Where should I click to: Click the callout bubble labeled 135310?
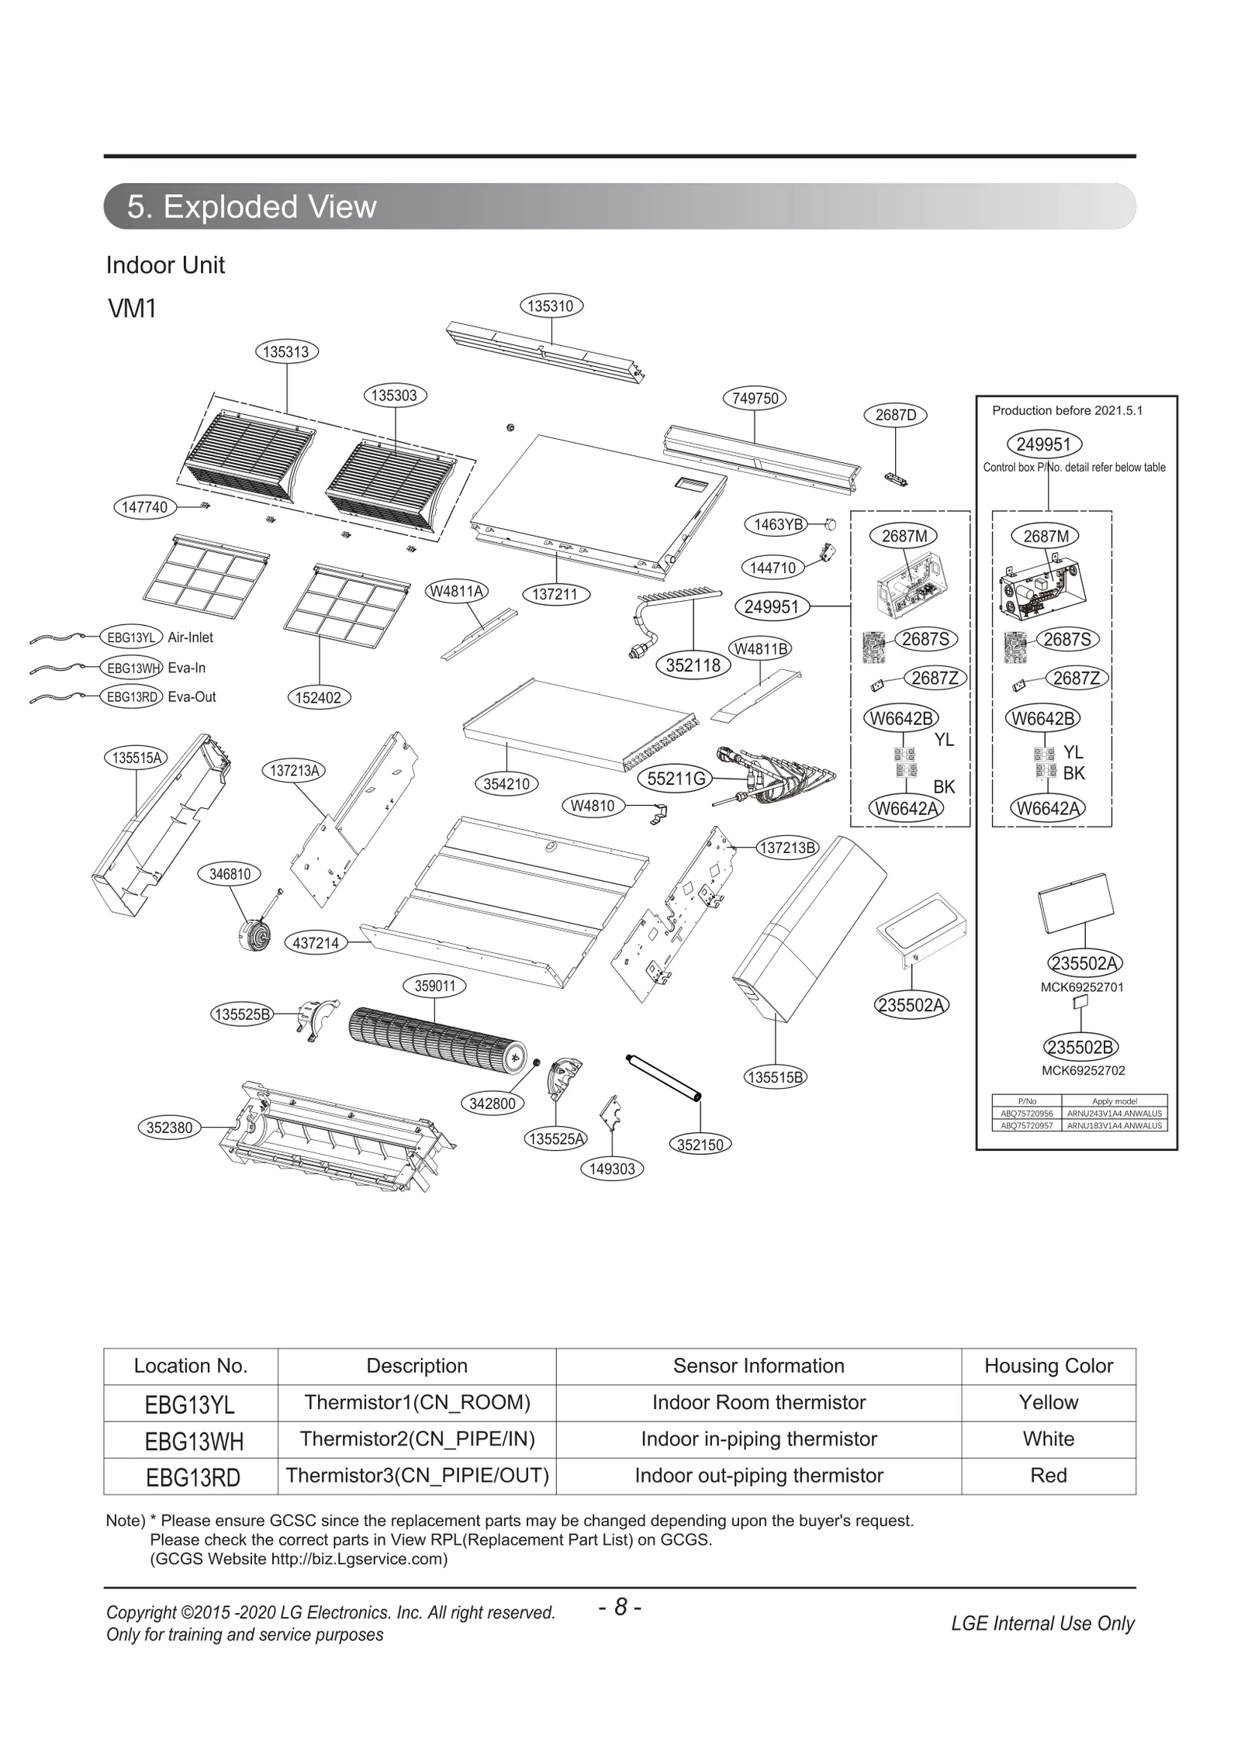click(x=550, y=306)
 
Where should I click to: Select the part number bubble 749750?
click(x=755, y=399)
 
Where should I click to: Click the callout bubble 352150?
click(x=700, y=1145)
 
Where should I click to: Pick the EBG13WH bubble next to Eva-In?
click(x=133, y=668)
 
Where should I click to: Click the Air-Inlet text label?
click(x=190, y=637)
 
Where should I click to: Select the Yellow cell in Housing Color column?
click(x=1048, y=1402)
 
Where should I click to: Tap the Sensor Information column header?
click(x=758, y=1366)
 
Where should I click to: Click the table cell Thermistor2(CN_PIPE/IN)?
click(x=417, y=1439)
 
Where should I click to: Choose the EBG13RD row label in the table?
click(x=192, y=1477)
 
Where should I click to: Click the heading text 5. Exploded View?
click(x=251, y=207)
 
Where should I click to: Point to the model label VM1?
click(x=133, y=309)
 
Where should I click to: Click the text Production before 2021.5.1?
click(x=1067, y=410)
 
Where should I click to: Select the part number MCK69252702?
click(x=1083, y=1070)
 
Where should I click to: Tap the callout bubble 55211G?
click(x=676, y=779)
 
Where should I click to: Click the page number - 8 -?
click(x=620, y=1608)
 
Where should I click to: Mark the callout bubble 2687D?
click(x=895, y=415)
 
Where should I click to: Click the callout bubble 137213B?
click(x=787, y=848)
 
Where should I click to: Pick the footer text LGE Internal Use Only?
click(x=1042, y=1623)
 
